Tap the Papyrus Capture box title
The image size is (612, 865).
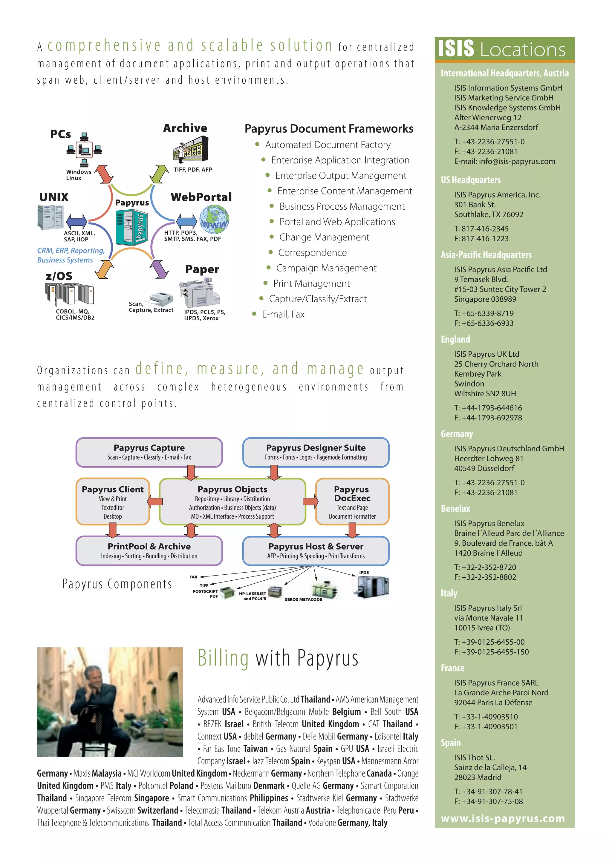[149, 447]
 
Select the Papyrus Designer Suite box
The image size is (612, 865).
[316, 452]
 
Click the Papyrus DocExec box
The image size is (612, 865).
[352, 502]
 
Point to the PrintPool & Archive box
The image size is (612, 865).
[149, 550]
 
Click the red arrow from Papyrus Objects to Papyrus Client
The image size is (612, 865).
[155, 501]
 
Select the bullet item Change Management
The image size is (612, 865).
[324, 237]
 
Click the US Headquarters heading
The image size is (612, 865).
[471, 180]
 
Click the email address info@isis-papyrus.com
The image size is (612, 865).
[517, 162]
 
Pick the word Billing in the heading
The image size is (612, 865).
[223, 659]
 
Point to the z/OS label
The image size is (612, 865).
[59, 276]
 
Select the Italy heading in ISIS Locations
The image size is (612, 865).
[449, 593]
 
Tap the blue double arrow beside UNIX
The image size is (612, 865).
[76, 221]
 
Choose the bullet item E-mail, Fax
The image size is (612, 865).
[283, 315]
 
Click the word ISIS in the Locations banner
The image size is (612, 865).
[456, 49]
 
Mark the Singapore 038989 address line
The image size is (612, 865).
[485, 299]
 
